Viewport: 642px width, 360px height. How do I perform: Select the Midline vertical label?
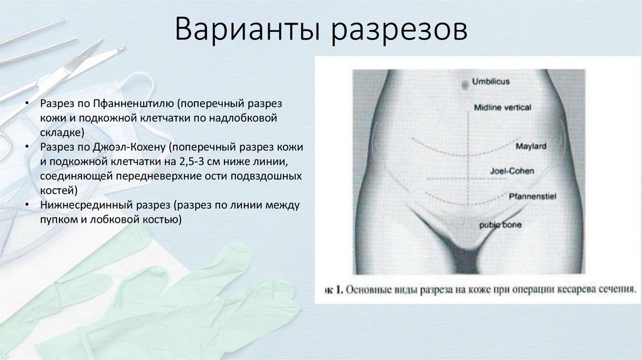503,107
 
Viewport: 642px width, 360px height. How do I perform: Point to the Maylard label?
531,146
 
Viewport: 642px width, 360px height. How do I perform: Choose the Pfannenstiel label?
533,196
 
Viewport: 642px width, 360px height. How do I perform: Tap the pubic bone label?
500,224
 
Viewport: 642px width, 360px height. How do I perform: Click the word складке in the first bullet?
61,132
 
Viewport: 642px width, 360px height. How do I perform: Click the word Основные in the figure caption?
368,290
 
